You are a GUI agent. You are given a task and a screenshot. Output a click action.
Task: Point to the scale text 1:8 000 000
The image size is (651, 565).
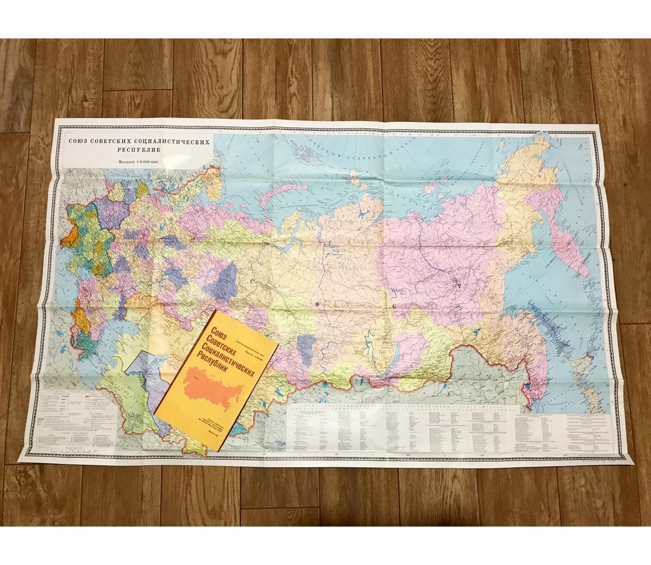click(146, 163)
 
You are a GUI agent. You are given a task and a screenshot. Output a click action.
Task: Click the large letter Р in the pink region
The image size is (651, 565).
click(458, 287)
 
